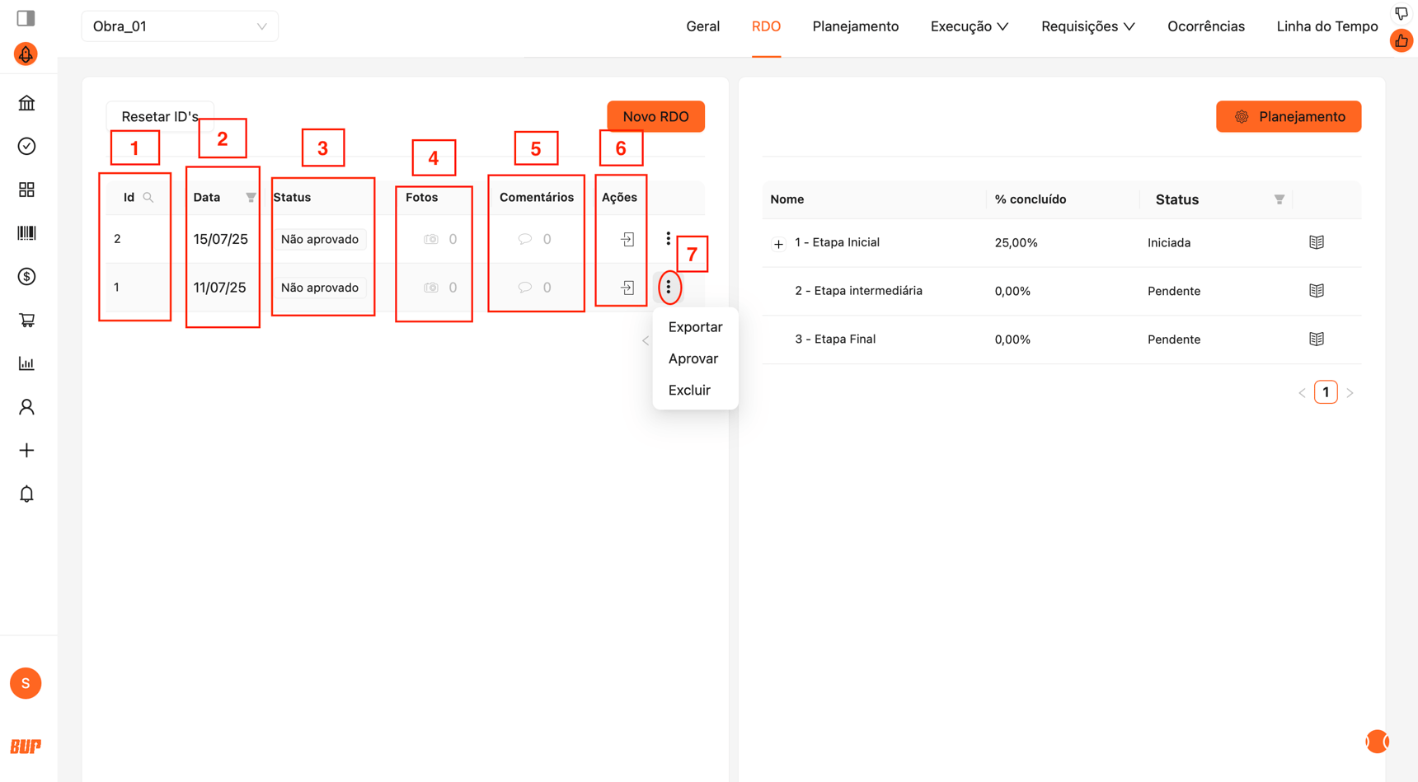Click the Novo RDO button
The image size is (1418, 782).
pos(655,116)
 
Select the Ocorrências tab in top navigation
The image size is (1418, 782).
pos(1205,26)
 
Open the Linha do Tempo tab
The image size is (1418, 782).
pos(1326,26)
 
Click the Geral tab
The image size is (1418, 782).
pos(702,26)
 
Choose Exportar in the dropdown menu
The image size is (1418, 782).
pos(695,327)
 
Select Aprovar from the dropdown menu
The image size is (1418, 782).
pos(693,358)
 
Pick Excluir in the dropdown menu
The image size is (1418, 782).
pos(689,390)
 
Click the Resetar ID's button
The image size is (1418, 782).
pos(160,116)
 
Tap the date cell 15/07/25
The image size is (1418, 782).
pos(220,239)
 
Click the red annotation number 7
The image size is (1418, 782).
pos(692,255)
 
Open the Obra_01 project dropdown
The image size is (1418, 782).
pos(180,26)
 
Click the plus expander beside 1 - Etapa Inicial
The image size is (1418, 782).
pos(778,244)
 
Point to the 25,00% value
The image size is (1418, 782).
pos(1016,242)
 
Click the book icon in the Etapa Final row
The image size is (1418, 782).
pos(1317,339)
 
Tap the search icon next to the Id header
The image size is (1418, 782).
pos(148,198)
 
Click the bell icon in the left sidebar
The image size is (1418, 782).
pos(26,494)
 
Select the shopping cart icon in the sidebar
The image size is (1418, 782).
pos(26,320)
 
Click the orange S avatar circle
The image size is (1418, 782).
pos(26,683)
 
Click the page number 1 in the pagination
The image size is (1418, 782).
pos(1326,392)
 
